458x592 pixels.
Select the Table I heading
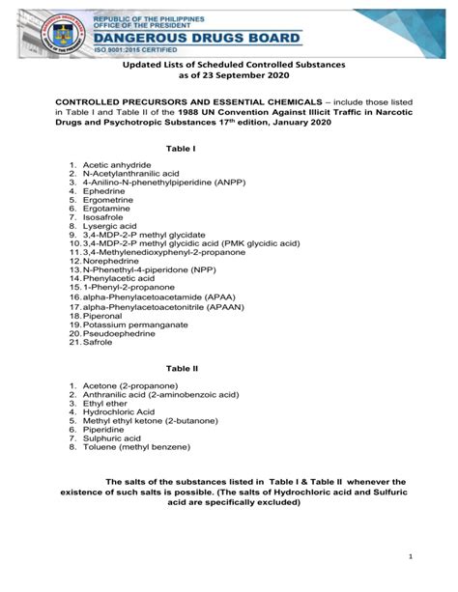(181, 150)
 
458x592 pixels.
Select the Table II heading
(182, 369)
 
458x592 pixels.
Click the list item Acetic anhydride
(117, 166)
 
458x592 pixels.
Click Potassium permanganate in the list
(134, 324)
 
